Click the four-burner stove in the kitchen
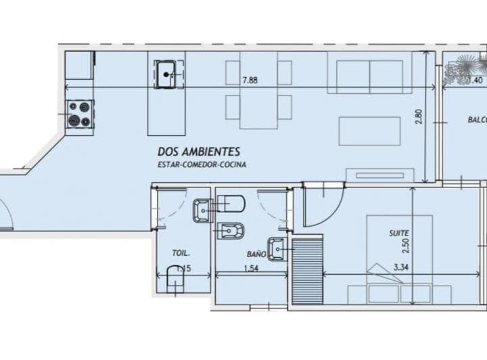click(80, 114)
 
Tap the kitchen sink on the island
click(167, 74)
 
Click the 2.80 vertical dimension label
click(419, 116)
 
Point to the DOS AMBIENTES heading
click(198, 152)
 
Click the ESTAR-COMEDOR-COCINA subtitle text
click(202, 164)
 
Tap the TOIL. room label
click(181, 254)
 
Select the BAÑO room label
click(256, 254)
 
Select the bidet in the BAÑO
click(232, 232)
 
